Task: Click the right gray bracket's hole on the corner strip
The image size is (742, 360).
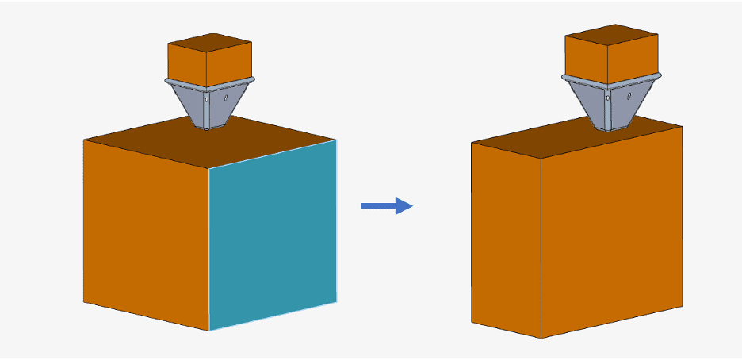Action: tap(608, 98)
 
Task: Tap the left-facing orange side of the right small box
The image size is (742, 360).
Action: tap(585, 59)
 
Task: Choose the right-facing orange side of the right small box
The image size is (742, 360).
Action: tap(633, 57)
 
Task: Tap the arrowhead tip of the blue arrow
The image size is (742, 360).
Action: tap(412, 206)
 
